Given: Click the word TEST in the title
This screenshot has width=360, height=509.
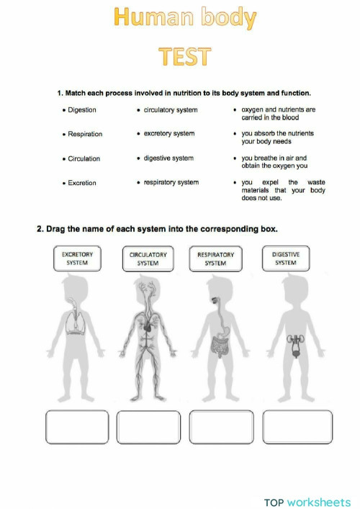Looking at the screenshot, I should pos(184,57).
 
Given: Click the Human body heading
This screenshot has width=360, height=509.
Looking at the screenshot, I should pos(184,19).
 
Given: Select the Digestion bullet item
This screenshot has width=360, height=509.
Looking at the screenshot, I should pos(81,110).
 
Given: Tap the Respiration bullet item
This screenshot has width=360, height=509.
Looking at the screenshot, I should pos(84,134).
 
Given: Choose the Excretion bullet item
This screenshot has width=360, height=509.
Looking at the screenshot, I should pos(81,183).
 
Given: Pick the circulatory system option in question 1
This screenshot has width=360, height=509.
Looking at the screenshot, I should pos(170,110).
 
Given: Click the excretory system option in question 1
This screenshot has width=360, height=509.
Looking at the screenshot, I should pos(168,134).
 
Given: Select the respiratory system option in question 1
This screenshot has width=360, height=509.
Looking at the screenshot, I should pos(171,183).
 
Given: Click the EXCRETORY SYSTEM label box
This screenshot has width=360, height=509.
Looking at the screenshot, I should pos(77,259).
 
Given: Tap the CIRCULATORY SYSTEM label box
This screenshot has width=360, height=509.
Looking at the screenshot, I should pos(148,259).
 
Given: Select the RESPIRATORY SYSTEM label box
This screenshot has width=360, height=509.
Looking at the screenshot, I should pos(215,259).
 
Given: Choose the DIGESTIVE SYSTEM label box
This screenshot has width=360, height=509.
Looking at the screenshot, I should pos(285,259).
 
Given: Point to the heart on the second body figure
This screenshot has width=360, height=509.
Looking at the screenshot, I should pos(148,325).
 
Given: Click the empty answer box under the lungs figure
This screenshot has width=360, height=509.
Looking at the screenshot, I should pos(76,427).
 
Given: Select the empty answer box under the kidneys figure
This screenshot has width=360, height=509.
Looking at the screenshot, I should pos(297,427).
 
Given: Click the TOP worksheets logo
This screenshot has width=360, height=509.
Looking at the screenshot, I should pos(307,502).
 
